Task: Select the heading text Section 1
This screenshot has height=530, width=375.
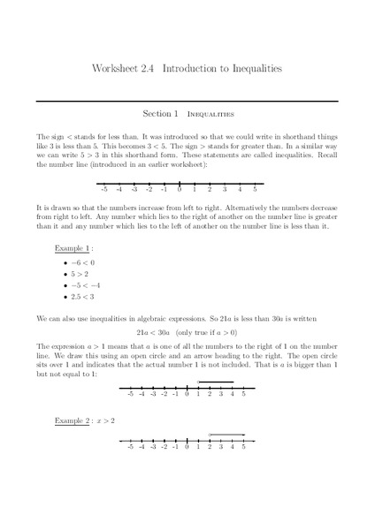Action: [x=160, y=114]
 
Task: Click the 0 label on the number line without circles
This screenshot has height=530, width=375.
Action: [x=179, y=188]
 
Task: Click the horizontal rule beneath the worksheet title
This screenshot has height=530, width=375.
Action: [x=187, y=100]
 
